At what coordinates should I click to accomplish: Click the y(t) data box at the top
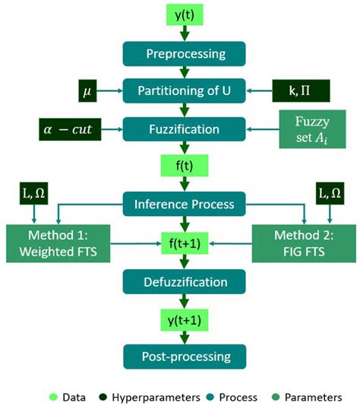point(185,16)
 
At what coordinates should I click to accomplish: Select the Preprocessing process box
point(185,54)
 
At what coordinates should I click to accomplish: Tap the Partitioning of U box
point(185,91)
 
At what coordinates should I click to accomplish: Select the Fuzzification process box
point(185,128)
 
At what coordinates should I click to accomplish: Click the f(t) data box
point(185,166)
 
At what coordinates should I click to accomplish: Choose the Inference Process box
point(185,203)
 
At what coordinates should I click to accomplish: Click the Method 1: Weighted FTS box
point(58,240)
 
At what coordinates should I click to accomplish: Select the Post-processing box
point(185,355)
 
